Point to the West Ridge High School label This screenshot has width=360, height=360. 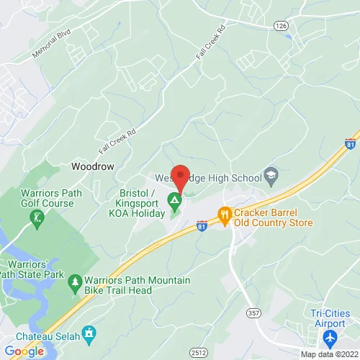click(209, 177)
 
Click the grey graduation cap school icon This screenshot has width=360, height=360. click(271, 174)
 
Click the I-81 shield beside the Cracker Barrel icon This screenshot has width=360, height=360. click(203, 226)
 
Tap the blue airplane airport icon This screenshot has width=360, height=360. click(330, 338)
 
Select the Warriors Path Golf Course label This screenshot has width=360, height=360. click(48, 198)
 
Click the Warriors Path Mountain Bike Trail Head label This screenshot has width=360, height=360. click(137, 284)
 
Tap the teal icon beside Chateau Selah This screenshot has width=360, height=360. click(89, 333)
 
